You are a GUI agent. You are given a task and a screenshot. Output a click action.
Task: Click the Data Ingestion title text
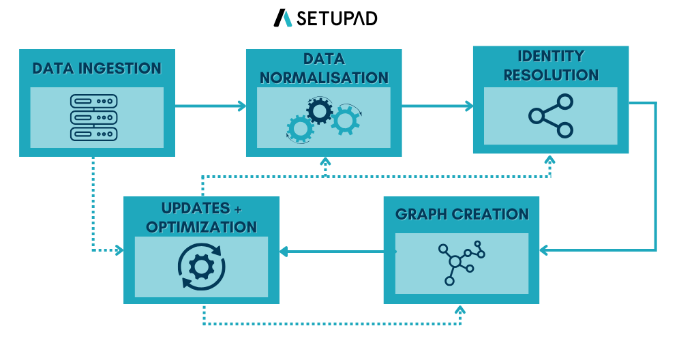point(97,69)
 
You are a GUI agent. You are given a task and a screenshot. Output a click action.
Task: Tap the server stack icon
point(94,117)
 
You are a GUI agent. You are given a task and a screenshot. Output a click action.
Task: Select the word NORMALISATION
point(324,78)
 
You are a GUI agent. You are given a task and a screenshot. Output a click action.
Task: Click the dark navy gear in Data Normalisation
point(319,110)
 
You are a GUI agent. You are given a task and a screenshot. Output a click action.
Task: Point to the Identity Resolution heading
point(551,65)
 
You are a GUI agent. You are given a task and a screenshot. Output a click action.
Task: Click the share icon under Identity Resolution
point(551,116)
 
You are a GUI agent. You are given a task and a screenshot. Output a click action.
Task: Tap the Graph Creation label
point(462,214)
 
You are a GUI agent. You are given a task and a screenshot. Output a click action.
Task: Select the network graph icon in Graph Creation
point(461,262)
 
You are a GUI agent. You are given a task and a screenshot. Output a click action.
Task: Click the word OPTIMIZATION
point(201,227)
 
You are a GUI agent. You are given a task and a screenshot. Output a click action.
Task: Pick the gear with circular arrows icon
point(201,267)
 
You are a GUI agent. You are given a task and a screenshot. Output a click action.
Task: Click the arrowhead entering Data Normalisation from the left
point(241,106)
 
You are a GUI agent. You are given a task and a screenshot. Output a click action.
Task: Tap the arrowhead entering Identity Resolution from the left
point(468,106)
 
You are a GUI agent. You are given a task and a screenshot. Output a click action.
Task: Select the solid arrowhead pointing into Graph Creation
point(544,250)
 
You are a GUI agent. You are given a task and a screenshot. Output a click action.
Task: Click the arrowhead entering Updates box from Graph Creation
point(284,252)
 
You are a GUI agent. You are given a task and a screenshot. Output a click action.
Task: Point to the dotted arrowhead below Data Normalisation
point(325,162)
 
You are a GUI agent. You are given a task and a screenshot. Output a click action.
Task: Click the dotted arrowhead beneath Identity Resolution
point(549,160)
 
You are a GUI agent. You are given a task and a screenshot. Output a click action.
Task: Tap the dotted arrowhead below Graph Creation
point(460,310)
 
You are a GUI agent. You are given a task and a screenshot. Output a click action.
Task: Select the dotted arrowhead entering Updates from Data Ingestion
point(119,250)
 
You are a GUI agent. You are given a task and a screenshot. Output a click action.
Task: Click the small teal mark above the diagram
point(288,19)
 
